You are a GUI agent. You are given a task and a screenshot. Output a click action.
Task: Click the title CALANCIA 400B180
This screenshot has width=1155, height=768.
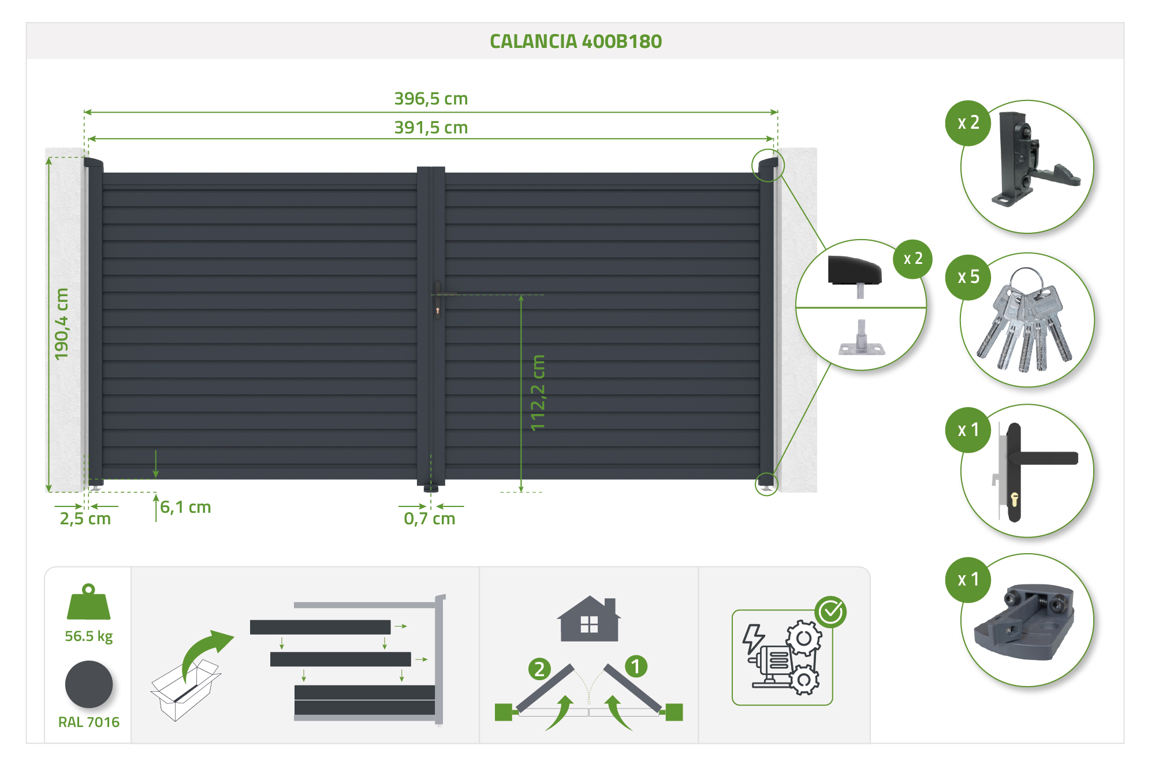pos(576,42)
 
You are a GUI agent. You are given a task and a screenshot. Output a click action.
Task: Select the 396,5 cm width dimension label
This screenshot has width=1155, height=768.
pos(431,99)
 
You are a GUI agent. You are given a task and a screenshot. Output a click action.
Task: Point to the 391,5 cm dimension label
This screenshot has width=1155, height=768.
pos(431,128)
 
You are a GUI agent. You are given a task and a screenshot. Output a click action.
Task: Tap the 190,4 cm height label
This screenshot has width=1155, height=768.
pos(61,324)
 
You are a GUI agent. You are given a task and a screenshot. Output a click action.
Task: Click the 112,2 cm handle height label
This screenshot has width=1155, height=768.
pos(538,393)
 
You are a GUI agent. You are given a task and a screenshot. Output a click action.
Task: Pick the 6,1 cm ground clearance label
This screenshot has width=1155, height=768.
pos(185,507)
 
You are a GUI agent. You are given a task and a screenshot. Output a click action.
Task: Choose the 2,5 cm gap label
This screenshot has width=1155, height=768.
pos(85,519)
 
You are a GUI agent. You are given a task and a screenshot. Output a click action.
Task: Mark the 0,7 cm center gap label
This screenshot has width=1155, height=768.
pos(430,519)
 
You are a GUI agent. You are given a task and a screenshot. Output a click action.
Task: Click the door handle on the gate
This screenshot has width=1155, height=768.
pos(438,300)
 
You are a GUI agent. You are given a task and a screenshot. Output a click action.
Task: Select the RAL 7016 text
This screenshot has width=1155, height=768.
pos(89,722)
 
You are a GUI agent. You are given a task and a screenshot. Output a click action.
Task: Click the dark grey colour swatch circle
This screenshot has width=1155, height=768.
pos(89,684)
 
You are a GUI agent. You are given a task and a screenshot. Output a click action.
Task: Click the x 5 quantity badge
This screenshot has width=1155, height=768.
pos(968,277)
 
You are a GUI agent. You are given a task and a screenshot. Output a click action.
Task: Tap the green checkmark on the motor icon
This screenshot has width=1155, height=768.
pos(831,612)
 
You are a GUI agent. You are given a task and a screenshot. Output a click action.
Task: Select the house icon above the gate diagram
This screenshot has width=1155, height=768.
pos(589,618)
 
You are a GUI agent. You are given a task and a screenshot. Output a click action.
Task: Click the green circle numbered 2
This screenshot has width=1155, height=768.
pos(539,669)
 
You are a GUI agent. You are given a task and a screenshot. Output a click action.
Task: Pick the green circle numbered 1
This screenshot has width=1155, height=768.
pos(636,667)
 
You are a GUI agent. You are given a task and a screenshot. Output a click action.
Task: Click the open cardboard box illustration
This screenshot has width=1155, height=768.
pos(185,691)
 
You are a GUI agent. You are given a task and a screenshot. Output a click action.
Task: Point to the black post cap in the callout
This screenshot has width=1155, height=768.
pos(855,271)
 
